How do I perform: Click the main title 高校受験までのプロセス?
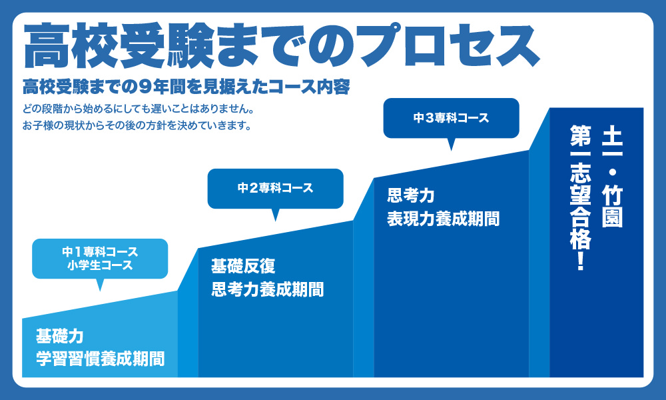281,46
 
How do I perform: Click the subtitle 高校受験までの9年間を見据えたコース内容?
186,87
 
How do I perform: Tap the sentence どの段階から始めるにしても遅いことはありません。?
139,109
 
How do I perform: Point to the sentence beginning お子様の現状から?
137,125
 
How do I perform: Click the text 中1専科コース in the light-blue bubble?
101,251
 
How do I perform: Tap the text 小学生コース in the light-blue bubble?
101,265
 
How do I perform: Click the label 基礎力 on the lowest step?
59,336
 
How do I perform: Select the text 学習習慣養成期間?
101,359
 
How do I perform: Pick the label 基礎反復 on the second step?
243,267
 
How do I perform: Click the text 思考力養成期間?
267,289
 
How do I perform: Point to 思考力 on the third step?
411,195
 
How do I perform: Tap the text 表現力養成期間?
443,219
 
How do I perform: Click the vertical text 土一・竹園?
612,177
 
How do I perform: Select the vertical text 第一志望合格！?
581,197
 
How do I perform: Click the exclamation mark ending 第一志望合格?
581,261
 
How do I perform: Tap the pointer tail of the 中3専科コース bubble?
451,145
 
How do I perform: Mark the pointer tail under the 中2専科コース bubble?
275,215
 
